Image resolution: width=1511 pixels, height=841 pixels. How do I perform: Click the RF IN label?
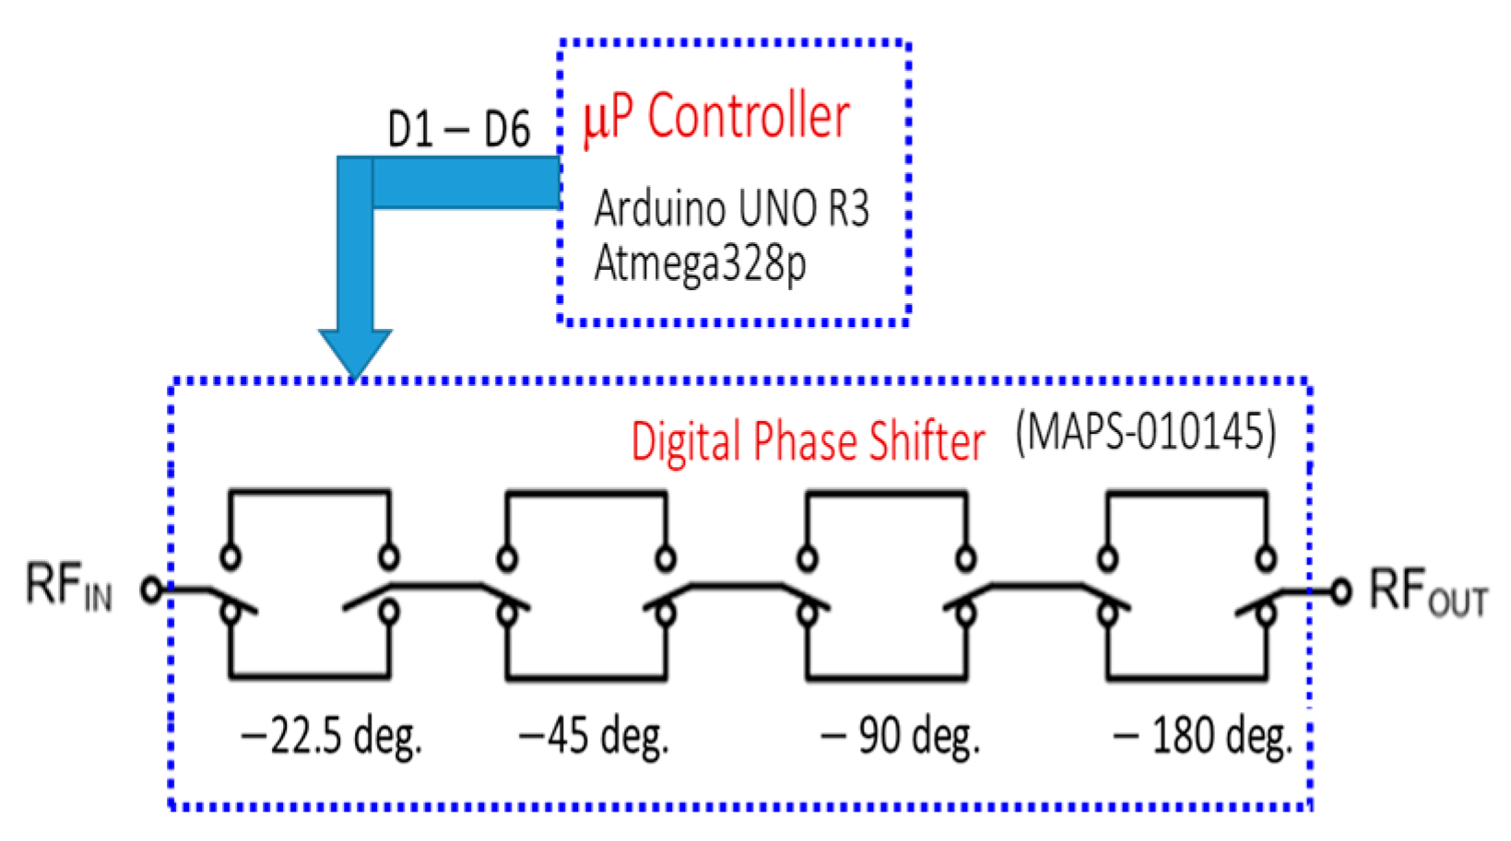[x=69, y=587]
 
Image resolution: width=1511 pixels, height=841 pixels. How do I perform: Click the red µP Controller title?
[x=715, y=118]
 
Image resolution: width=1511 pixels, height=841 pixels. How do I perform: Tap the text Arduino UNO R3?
[x=731, y=208]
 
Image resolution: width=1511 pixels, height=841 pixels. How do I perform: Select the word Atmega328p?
[x=700, y=263]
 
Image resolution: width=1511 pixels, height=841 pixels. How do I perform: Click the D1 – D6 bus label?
[x=458, y=129]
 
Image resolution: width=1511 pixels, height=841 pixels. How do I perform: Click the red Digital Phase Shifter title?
[x=808, y=441]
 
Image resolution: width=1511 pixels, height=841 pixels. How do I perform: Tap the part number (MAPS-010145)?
[x=1146, y=431]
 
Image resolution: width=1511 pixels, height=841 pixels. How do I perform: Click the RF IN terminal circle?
[x=151, y=589]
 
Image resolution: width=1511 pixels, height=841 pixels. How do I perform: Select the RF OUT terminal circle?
[x=1340, y=590]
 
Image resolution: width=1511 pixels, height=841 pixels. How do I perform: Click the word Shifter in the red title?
[x=927, y=441]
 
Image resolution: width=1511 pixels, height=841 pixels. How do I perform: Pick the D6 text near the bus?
[x=507, y=129]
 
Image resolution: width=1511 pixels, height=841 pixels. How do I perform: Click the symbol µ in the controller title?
[x=594, y=122]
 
